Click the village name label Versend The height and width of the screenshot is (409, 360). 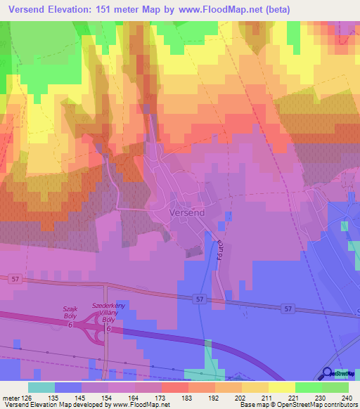tap(186, 211)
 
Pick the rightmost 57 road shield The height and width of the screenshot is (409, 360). tap(288, 308)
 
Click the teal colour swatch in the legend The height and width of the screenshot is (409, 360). tap(41, 387)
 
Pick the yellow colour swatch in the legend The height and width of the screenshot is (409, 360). tap(281, 387)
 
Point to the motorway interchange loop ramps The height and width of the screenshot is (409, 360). tap(91, 330)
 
